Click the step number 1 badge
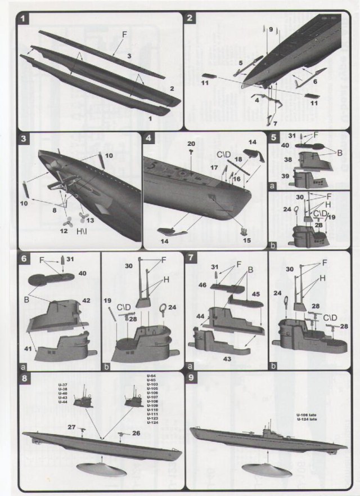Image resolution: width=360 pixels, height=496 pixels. [24, 18]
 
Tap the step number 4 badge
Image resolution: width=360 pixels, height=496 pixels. [148, 138]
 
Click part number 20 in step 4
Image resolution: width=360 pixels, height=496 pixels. [191, 144]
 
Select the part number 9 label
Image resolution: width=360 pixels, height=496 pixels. [271, 29]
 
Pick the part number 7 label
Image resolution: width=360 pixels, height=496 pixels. [275, 122]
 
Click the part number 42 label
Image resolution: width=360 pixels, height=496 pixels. [86, 301]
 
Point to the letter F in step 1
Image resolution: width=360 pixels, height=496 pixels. [124, 34]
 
